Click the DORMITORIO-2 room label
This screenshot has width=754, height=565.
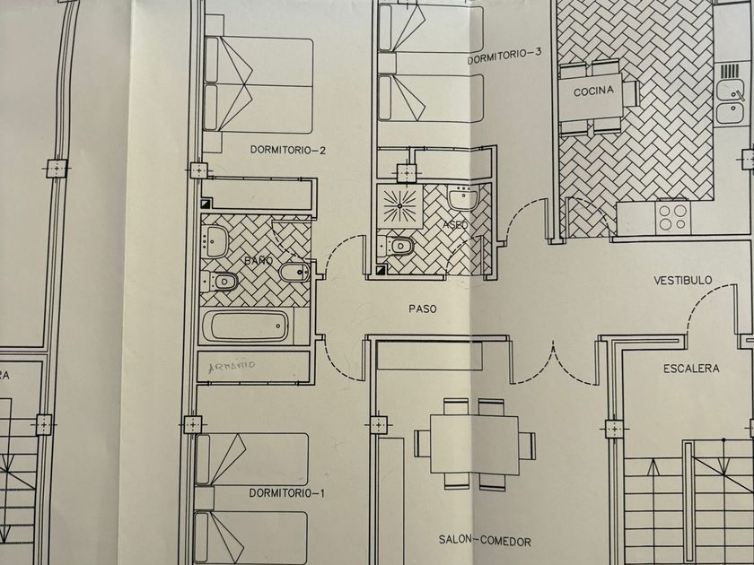pyautogui.click(x=287, y=151)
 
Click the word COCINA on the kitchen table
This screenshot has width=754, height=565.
pyautogui.click(x=595, y=91)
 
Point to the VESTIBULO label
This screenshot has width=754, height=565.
pyautogui.click(x=682, y=281)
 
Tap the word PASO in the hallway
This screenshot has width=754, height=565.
pyautogui.click(x=422, y=309)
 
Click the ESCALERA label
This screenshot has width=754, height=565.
pyautogui.click(x=691, y=369)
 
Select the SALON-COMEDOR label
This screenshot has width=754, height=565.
pyautogui.click(x=485, y=541)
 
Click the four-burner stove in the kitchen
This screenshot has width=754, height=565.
pyautogui.click(x=672, y=215)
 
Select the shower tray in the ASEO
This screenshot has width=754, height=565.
pyautogui.click(x=400, y=206)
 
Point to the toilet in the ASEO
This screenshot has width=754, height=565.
pyautogui.click(x=399, y=245)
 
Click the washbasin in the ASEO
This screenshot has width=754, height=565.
pyautogui.click(x=462, y=197)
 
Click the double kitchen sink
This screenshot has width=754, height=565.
pyautogui.click(x=729, y=99)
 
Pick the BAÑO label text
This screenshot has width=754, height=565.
pyautogui.click(x=258, y=260)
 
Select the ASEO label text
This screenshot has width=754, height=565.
pyautogui.click(x=455, y=224)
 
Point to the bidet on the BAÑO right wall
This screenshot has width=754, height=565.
pyautogui.click(x=293, y=272)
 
